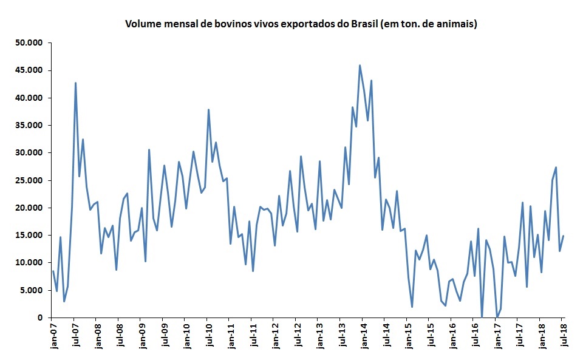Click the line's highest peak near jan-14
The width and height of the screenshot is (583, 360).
coord(360,66)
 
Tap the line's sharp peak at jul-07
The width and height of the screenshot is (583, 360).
coord(75,83)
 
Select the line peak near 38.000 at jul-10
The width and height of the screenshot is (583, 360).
coord(208,110)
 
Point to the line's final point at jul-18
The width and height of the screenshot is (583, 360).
coord(564,236)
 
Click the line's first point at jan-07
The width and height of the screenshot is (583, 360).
coord(53,271)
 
